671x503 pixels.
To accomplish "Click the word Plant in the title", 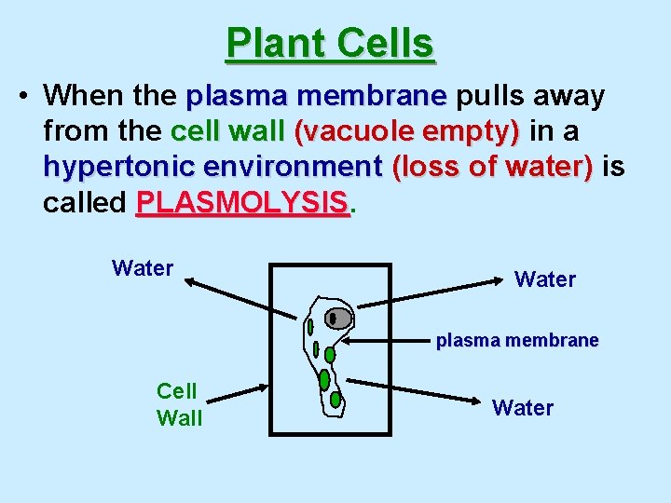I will click(x=274, y=43).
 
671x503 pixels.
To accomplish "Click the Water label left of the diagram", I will click(x=143, y=268).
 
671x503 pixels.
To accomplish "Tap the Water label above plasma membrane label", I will click(x=545, y=279).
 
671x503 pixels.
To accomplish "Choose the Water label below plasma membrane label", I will click(x=523, y=407).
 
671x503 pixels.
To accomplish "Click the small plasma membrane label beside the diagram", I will click(x=517, y=341).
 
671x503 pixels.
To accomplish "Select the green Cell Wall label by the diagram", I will click(x=179, y=404).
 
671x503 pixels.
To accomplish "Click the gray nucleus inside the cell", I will click(x=339, y=319).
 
